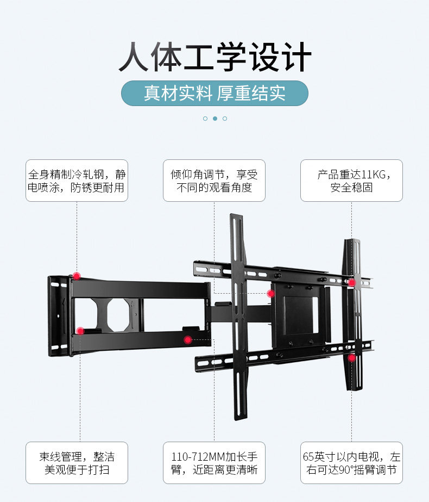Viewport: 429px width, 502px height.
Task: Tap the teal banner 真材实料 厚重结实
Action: pos(214,93)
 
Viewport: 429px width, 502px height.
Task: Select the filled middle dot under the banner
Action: pos(215,118)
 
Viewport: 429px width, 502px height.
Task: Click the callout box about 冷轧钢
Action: pos(77,181)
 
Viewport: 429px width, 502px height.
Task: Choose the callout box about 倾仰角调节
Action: pos(214,181)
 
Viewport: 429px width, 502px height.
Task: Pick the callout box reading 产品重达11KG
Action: pos(351,181)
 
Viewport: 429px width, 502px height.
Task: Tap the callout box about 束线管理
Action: pos(77,463)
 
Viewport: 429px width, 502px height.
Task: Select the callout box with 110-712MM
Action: pos(214,463)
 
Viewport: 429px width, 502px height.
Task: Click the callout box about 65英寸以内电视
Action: pos(351,463)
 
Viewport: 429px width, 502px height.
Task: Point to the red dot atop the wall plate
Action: pos(77,276)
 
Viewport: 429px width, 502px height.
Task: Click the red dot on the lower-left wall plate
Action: pos(80,330)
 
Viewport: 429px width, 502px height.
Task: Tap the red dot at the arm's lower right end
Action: pos(188,340)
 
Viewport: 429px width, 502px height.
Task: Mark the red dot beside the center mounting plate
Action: pos(271,294)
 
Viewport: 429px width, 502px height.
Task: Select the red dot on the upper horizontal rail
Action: pos(352,283)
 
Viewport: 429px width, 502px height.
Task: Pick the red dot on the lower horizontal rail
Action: pos(352,357)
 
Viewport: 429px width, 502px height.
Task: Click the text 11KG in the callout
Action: pos(374,175)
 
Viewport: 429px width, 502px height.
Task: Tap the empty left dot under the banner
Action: pos(205,118)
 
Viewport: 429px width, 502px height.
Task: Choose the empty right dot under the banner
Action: pos(225,118)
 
